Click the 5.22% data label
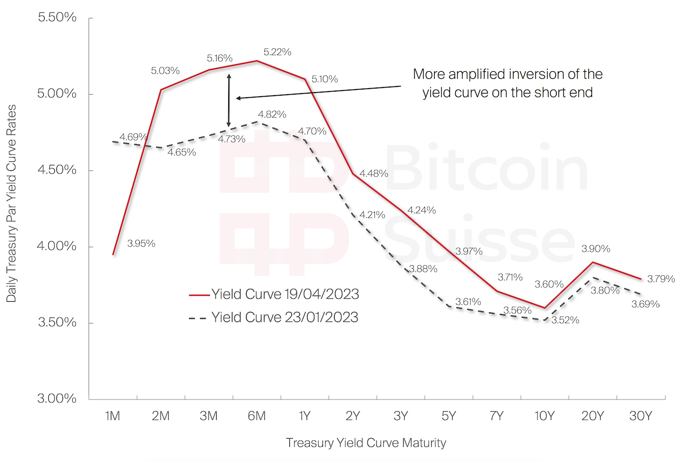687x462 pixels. coord(277,52)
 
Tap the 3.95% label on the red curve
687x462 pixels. coord(141,244)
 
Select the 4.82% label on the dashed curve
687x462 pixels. coord(272,114)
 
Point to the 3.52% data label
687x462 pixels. coord(565,320)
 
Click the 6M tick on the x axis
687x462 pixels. coord(257,416)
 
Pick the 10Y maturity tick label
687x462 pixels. coord(544,416)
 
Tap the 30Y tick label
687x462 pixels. coord(640,416)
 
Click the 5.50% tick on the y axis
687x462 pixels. coord(57,17)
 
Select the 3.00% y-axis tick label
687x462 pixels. coord(57,398)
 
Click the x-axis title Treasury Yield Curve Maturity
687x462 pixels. coord(366,443)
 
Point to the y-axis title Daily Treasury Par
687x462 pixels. coord(11,204)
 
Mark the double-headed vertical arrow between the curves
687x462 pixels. coord(229,100)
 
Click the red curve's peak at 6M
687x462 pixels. coord(257,61)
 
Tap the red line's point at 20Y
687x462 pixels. coord(592,263)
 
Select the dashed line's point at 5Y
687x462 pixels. coord(449,306)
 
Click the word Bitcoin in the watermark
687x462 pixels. coord(486,168)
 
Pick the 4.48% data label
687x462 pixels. coord(374,174)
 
